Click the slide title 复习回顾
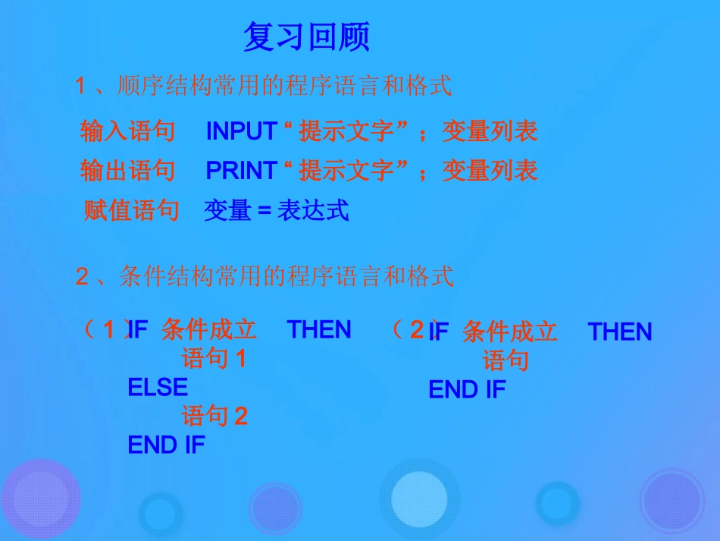coord(306,36)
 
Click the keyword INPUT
coord(241,131)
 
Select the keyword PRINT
coord(241,171)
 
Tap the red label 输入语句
coord(127,131)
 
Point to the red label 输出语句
coord(127,171)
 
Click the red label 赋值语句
coord(130,210)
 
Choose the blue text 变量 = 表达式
coord(276,210)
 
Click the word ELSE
coord(158,388)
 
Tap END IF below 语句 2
coord(166,445)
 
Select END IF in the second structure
coord(467,390)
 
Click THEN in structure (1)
coord(319,330)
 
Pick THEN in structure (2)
coord(619,332)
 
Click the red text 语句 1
coord(214,358)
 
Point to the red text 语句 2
coord(214,416)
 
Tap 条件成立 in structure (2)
coord(509,332)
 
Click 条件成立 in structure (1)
coord(209,329)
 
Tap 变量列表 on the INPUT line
coord(490,131)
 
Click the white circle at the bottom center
coord(419,498)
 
